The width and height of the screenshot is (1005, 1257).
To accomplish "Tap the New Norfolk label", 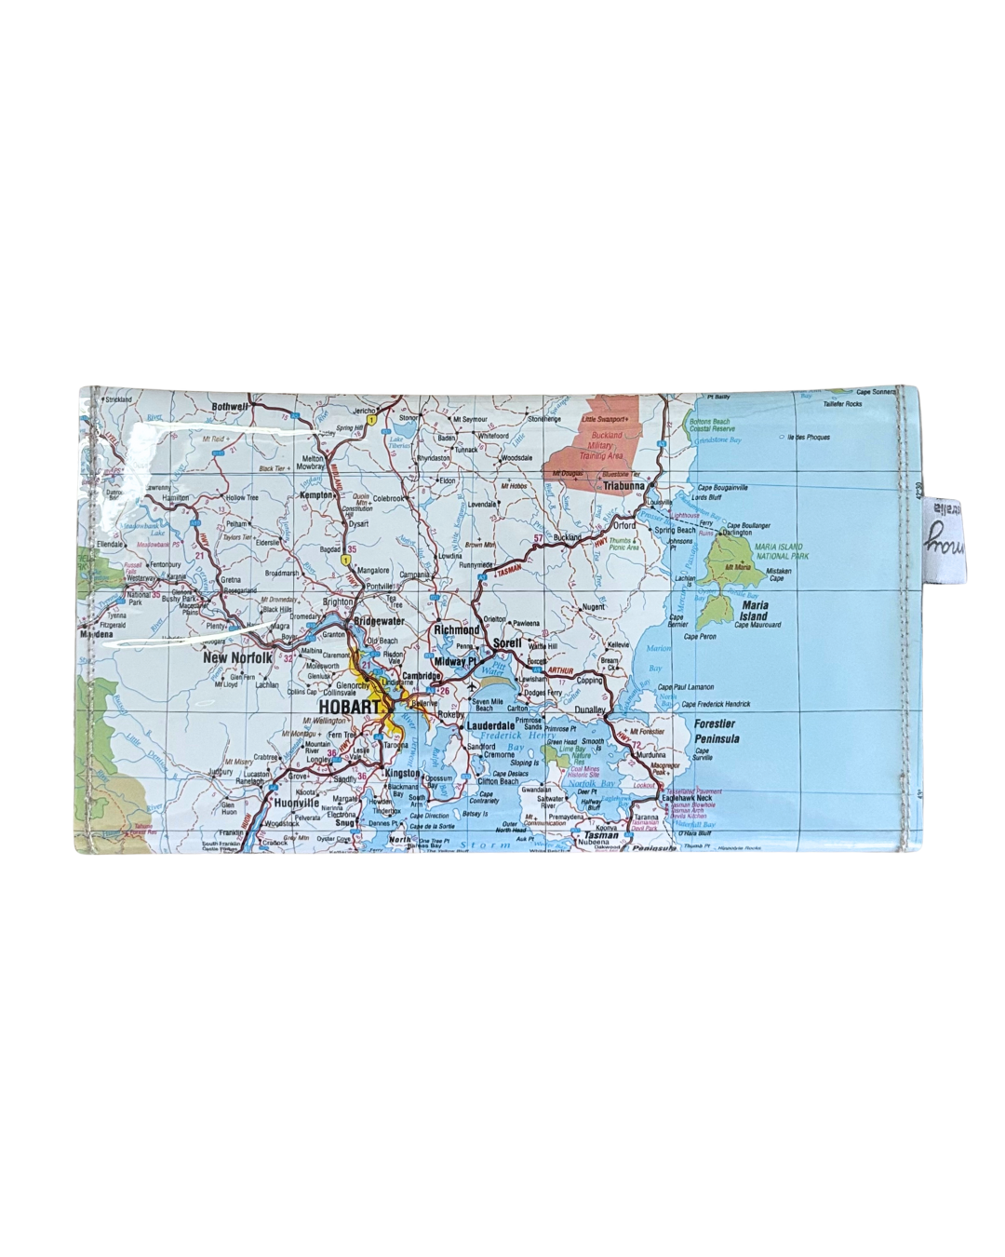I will tap(238, 657).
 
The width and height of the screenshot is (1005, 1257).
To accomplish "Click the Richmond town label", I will tap(457, 629).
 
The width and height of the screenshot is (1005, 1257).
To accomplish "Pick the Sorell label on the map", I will tap(508, 642).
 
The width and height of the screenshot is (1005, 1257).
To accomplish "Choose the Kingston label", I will tap(402, 774).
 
